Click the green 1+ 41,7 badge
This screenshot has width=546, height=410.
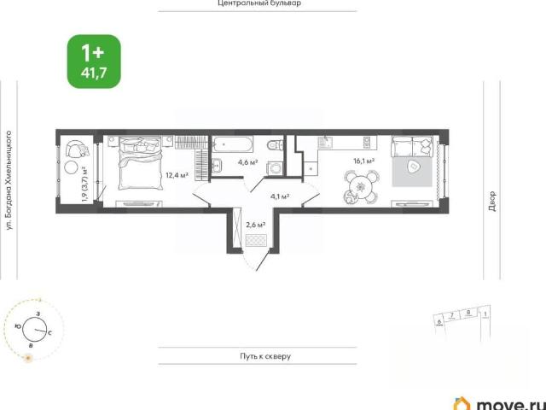click(94, 61)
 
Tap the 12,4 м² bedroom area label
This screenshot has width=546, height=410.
click(177, 175)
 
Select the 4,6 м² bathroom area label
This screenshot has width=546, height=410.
click(247, 162)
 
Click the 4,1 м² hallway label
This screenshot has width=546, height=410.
click(280, 196)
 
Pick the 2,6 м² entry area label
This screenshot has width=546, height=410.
click(256, 225)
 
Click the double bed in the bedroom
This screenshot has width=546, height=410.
click(141, 163)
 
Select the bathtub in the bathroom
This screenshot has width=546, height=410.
click(233, 144)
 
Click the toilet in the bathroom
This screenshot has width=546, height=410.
click(275, 143)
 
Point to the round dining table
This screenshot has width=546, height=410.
click(361, 188)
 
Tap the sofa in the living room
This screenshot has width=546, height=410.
click(412, 146)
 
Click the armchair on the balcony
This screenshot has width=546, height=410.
click(77, 149)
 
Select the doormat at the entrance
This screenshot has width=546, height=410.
click(256, 241)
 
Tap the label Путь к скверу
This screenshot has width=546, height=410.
click(265, 356)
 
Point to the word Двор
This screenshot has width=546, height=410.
click(491, 202)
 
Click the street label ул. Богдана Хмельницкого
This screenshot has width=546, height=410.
click(9, 180)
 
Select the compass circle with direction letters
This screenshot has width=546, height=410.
click(34, 330)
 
